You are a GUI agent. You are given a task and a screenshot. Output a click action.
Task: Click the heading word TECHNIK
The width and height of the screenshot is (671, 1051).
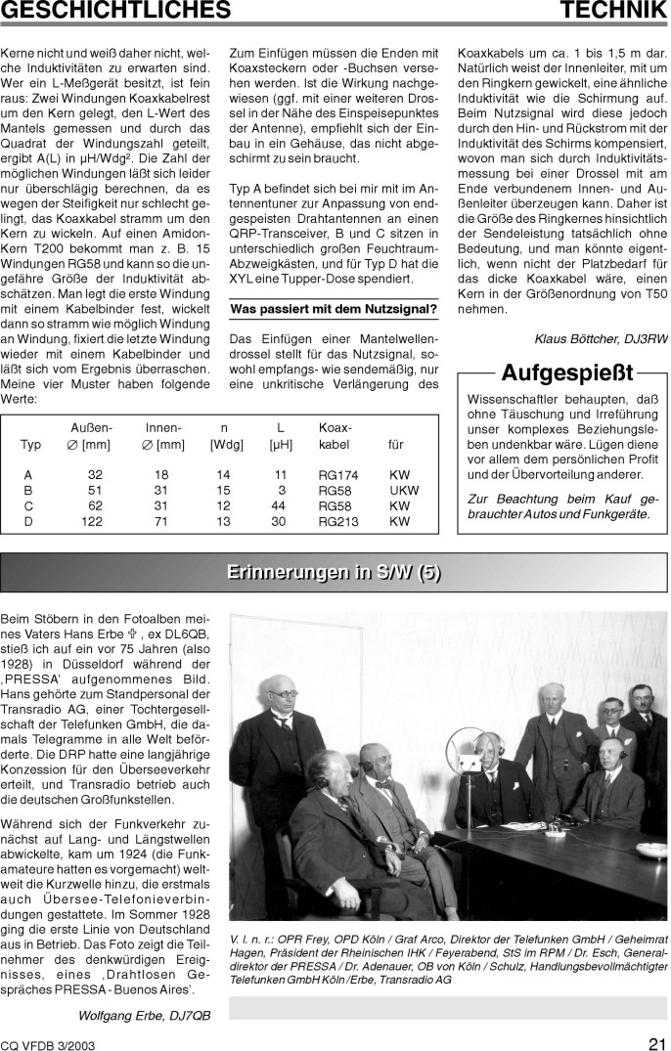point(613,12)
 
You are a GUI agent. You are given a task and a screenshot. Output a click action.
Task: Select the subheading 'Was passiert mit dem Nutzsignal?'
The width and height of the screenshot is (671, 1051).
point(334,310)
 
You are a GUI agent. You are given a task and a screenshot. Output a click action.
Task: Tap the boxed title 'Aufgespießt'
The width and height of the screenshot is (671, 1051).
point(567,373)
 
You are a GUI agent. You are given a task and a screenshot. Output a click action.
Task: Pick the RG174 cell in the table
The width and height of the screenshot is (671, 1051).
point(338,475)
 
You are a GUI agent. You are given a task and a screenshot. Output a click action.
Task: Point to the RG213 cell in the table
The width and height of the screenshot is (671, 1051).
point(338,522)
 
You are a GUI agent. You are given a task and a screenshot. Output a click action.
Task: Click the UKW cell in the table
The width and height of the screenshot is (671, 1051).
point(404,491)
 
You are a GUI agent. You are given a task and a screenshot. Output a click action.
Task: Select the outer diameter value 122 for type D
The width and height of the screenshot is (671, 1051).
point(91,522)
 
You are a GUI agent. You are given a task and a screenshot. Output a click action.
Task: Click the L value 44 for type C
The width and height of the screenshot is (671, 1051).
point(279,506)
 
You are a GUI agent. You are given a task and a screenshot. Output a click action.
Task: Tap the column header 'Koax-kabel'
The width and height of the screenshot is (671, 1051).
point(335,436)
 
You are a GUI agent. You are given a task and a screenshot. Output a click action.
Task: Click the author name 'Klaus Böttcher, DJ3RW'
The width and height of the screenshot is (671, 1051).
point(601,338)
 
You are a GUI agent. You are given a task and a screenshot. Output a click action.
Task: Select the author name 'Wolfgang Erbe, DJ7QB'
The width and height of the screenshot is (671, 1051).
point(145,1015)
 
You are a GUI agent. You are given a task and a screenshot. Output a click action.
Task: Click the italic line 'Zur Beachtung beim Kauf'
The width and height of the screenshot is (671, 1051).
point(563,499)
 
